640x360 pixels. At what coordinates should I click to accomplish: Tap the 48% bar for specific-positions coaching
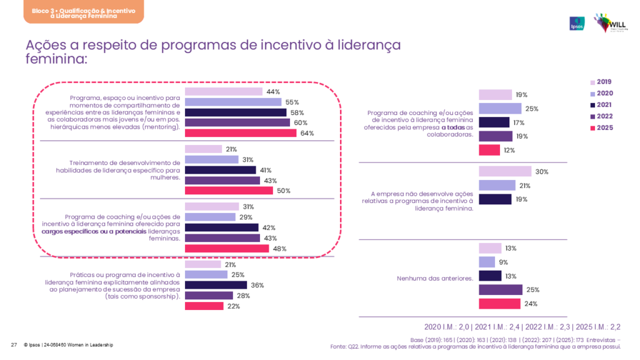[x=227, y=248]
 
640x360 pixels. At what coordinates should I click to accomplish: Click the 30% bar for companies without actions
[x=505, y=172]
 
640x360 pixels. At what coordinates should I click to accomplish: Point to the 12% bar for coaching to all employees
[x=489, y=150]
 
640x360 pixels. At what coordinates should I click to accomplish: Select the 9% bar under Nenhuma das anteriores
[x=487, y=262]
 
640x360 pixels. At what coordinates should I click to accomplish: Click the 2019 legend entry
[x=604, y=82]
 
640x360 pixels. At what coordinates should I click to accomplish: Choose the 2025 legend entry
[x=604, y=127]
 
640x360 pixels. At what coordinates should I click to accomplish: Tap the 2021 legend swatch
[x=592, y=104]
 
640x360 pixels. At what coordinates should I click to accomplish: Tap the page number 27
[x=13, y=345]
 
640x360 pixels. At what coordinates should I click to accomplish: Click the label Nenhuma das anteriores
[x=435, y=276]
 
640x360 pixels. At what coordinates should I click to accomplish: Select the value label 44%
[x=272, y=92]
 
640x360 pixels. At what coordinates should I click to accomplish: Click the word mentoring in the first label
[x=160, y=126]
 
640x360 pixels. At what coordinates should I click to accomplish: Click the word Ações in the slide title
[x=47, y=46]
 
